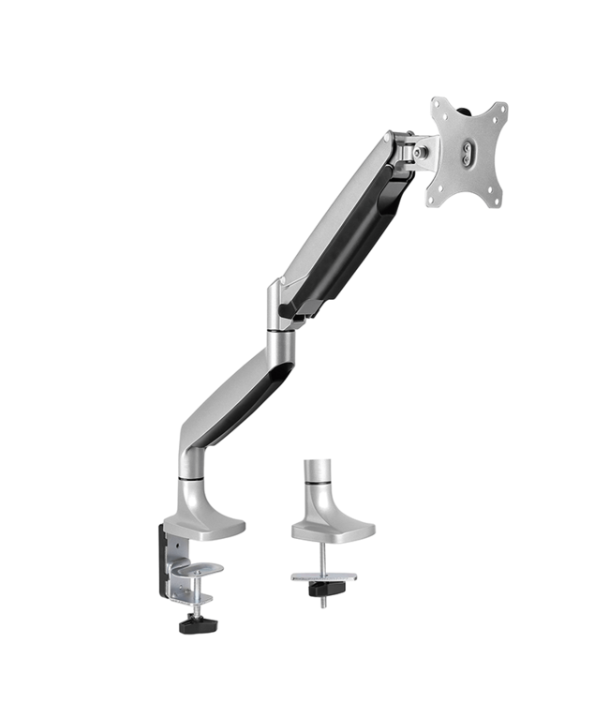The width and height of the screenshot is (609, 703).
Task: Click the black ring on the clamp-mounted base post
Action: point(189,480)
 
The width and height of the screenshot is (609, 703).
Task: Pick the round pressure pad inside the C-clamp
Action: point(198,568)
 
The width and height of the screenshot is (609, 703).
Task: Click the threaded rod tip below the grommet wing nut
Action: point(323,603)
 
